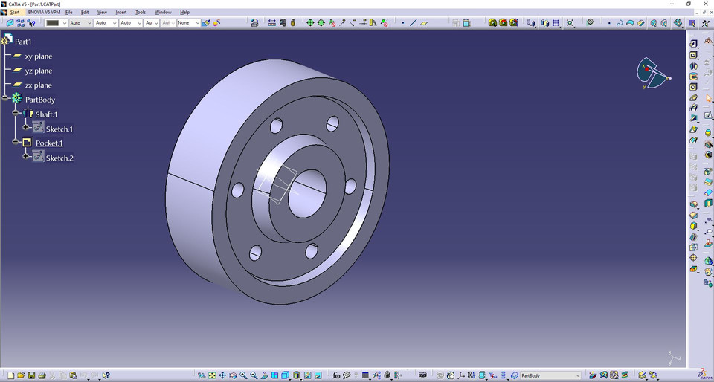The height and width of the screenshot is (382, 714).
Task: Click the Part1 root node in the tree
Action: (x=23, y=42)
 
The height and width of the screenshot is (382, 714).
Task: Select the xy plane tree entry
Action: (x=38, y=56)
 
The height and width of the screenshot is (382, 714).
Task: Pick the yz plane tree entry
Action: (x=38, y=71)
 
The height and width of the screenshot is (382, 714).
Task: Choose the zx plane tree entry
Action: (x=38, y=85)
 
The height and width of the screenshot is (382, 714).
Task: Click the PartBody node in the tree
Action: (x=39, y=100)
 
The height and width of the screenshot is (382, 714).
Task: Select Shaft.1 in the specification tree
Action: (x=46, y=114)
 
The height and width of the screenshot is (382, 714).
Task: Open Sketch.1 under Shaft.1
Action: (x=59, y=129)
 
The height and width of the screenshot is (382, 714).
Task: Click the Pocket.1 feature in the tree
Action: (x=49, y=143)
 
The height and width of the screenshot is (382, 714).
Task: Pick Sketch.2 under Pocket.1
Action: (x=59, y=158)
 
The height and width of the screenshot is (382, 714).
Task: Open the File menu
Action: (x=68, y=13)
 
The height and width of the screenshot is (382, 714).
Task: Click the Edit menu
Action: (x=85, y=13)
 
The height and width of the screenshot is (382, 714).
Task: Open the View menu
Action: (x=102, y=13)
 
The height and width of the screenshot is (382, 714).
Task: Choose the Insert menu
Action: (x=121, y=13)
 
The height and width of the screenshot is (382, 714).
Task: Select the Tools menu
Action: (x=141, y=13)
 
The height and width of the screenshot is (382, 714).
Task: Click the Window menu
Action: (x=163, y=13)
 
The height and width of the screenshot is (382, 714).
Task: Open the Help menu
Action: (x=185, y=13)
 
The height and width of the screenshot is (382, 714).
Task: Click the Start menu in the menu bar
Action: (x=14, y=13)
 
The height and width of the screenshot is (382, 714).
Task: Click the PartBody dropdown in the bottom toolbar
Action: (x=550, y=376)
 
